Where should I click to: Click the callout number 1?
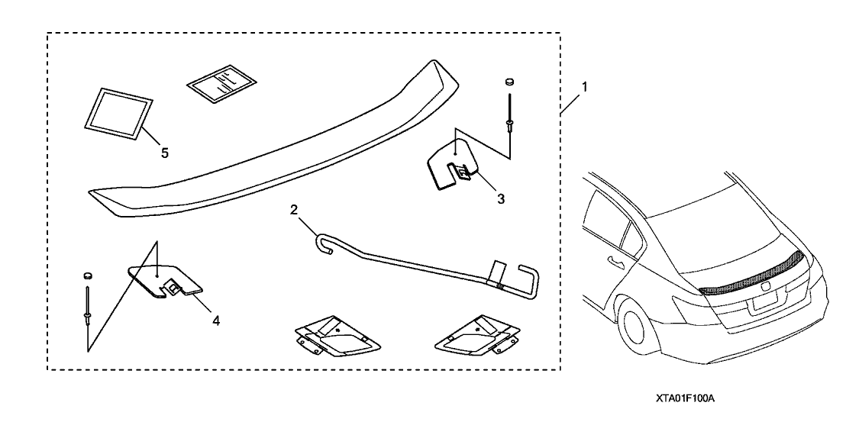click(584, 87)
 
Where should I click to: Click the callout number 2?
click(293, 209)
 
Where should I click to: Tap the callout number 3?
click(500, 199)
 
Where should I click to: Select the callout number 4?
click(216, 321)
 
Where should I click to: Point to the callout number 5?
click(164, 152)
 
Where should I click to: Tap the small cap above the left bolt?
click(88, 274)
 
